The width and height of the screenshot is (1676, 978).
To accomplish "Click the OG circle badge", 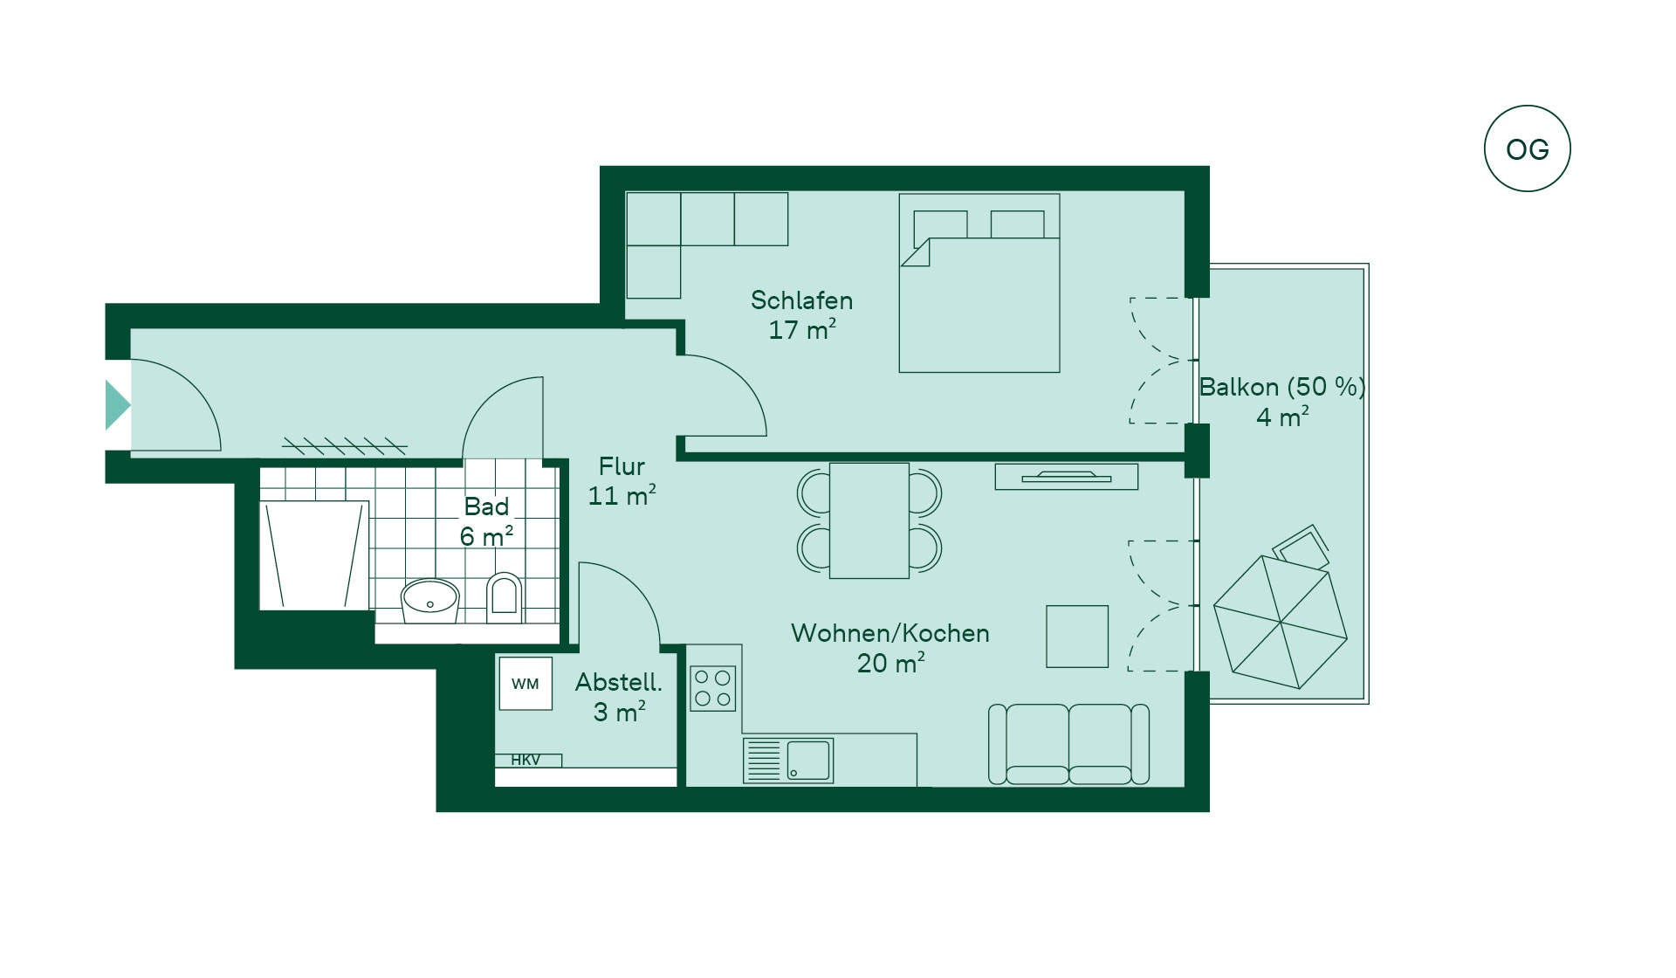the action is tap(1527, 148).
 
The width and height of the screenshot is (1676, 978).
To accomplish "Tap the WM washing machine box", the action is tap(525, 684).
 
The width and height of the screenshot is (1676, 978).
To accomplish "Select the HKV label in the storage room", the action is tap(525, 760).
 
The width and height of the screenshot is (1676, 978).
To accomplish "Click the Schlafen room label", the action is tap(801, 300).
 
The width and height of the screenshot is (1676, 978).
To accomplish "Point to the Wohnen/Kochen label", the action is tap(890, 633).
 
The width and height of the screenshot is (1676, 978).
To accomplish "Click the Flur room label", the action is tap(622, 466).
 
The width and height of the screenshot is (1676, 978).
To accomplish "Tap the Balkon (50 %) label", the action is tap(1281, 387).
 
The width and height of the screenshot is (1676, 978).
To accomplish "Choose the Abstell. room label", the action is tap(618, 682).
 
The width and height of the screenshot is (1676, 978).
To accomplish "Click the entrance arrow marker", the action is tap(118, 405).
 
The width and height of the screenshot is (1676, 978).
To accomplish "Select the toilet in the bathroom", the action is tap(504, 596).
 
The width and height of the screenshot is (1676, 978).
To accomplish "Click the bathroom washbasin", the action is tap(429, 600).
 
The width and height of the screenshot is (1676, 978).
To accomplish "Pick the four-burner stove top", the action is tap(712, 688).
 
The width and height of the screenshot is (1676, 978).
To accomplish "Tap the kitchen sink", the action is tap(788, 760).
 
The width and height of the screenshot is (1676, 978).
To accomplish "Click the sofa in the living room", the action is tap(1068, 744).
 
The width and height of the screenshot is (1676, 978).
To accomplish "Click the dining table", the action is tap(869, 520).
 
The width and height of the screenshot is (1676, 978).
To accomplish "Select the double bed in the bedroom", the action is tap(979, 283).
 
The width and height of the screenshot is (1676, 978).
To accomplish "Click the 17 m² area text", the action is tap(802, 330).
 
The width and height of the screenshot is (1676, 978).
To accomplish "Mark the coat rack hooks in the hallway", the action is tap(345, 446).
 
